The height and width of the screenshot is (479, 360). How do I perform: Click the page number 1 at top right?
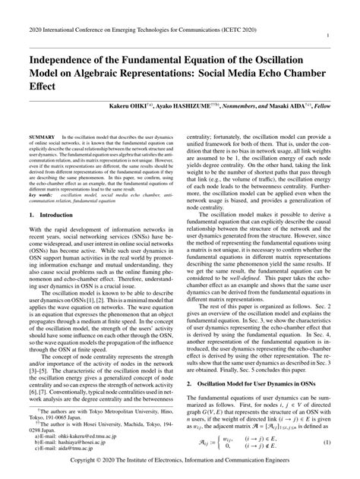pyautogui.click(x=347, y=35)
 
